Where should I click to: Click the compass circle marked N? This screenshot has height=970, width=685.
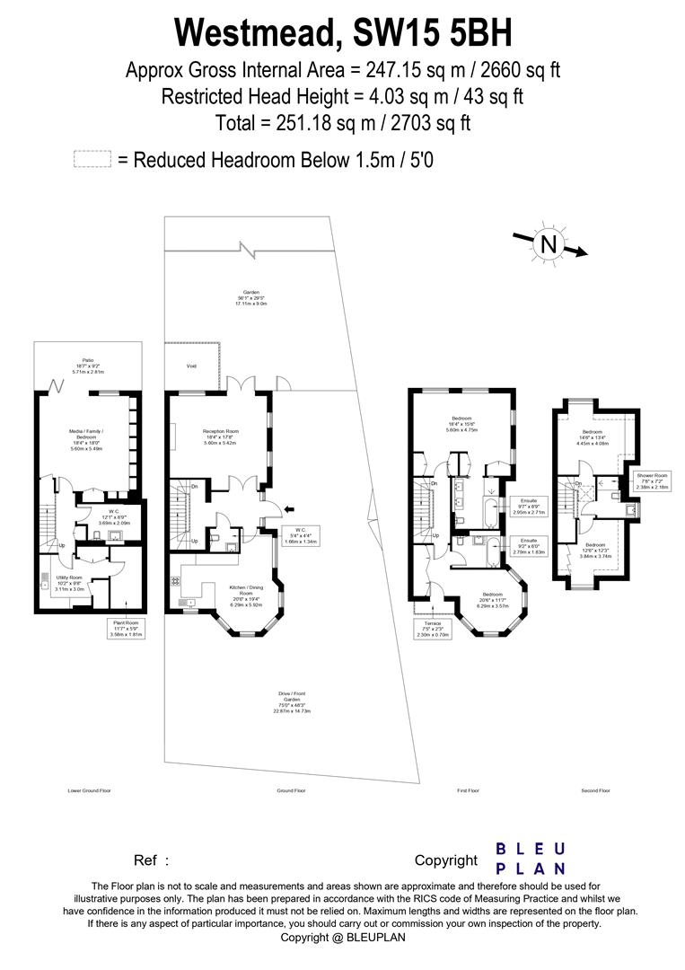tap(547, 243)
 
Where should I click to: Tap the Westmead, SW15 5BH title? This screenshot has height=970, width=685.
tap(342, 33)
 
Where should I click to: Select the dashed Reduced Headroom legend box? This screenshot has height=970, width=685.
tap(92, 160)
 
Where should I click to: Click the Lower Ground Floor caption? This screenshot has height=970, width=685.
tap(89, 791)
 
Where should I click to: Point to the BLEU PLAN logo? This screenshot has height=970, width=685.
tap(531, 859)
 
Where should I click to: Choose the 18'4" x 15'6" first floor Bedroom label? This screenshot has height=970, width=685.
tap(464, 424)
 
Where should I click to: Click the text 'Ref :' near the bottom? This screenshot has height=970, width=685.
tap(151, 860)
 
